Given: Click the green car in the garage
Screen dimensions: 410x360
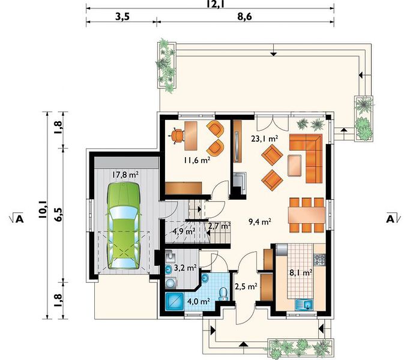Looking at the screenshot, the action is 123,226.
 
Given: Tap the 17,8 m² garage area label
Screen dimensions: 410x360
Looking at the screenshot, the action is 125,175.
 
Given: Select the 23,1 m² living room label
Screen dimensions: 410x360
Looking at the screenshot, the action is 264,139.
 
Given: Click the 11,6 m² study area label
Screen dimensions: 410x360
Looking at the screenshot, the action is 197,160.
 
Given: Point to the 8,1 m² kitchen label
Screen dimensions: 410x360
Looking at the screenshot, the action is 301,272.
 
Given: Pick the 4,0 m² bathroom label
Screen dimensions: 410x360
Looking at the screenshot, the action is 199,301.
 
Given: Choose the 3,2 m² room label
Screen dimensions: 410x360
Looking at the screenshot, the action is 185,268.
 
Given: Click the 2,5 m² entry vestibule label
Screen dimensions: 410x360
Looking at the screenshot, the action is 246,286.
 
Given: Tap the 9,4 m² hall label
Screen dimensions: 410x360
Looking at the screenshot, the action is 260,222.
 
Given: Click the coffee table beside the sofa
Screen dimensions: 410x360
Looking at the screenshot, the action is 295,165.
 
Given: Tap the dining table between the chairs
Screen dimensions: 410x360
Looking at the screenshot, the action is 307,215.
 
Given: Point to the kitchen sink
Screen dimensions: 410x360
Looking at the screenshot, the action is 304,305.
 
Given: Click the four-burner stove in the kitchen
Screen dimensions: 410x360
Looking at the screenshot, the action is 319,259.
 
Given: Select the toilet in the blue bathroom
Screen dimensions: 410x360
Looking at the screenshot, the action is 223,294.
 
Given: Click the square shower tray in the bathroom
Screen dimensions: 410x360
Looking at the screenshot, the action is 175,301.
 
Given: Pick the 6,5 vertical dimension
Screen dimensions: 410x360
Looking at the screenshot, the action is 58,215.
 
